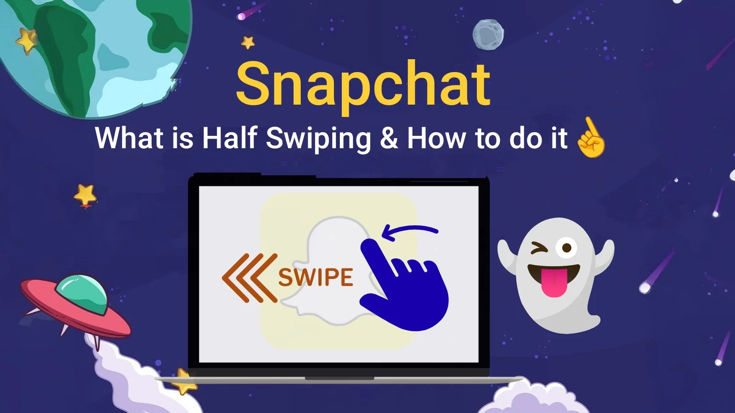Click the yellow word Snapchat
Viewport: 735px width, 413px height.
(363, 87)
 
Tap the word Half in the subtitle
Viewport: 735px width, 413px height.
(229, 137)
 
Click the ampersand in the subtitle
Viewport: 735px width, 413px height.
(389, 138)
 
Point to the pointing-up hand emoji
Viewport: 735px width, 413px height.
(591, 138)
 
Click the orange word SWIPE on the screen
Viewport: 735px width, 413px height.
(316, 277)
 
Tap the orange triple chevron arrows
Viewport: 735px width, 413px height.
(250, 278)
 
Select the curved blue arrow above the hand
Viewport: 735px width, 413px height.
(409, 232)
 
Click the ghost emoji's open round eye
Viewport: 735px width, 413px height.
(566, 248)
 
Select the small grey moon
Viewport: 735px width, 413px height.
(488, 35)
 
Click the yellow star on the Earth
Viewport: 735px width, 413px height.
(26, 41)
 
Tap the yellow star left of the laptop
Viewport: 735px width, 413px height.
(85, 195)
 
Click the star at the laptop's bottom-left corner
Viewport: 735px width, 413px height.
(184, 381)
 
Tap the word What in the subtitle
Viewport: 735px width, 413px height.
(129, 138)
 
